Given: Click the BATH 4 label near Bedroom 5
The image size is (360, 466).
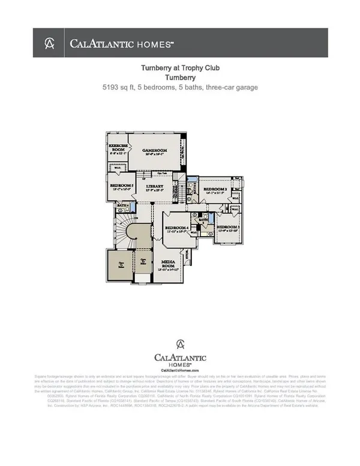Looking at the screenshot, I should point(121,205).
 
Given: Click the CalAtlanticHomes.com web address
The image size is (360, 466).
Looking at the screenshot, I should point(179,371).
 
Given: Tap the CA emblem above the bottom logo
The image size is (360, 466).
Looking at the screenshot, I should point(179,344).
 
